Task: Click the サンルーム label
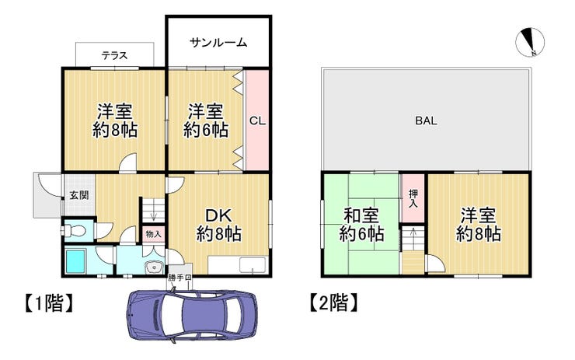click(218, 43)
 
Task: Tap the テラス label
click(114, 55)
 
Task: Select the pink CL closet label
click(257, 121)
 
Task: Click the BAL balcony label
click(426, 121)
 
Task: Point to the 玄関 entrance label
click(79, 195)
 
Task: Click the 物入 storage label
click(153, 234)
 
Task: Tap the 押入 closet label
click(413, 198)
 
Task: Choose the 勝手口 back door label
click(179, 278)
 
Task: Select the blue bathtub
click(75, 260)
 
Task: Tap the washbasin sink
click(155, 267)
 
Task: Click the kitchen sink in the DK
click(253, 265)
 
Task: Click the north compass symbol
click(530, 42)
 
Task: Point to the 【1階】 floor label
click(49, 303)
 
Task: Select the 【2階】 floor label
click(333, 303)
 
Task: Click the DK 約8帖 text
click(218, 225)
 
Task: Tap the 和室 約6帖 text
click(361, 225)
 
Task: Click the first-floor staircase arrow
click(153, 215)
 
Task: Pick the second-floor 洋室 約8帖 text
click(479, 225)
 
